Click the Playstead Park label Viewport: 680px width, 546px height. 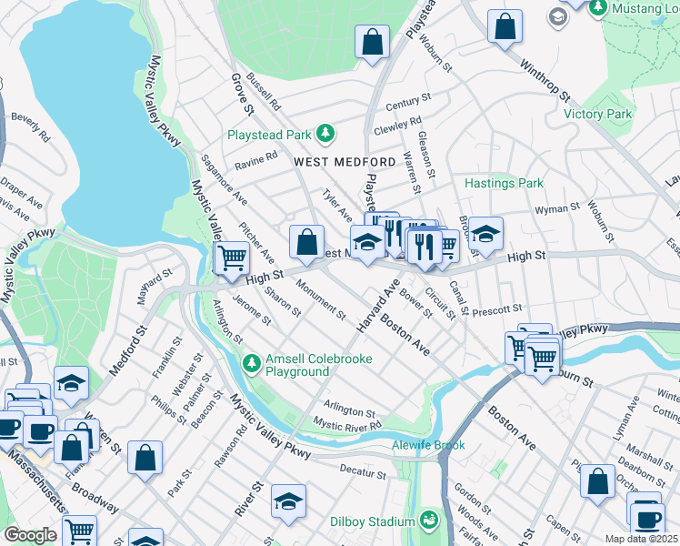269,135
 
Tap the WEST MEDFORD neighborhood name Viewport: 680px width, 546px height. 345,162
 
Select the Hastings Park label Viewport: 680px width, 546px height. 504,183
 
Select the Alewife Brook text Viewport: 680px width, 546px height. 430,445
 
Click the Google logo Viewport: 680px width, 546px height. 30,535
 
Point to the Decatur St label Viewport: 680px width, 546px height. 363,472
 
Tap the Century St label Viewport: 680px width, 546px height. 406,104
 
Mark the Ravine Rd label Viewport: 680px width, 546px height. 255,159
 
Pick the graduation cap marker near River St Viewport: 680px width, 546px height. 288,501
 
